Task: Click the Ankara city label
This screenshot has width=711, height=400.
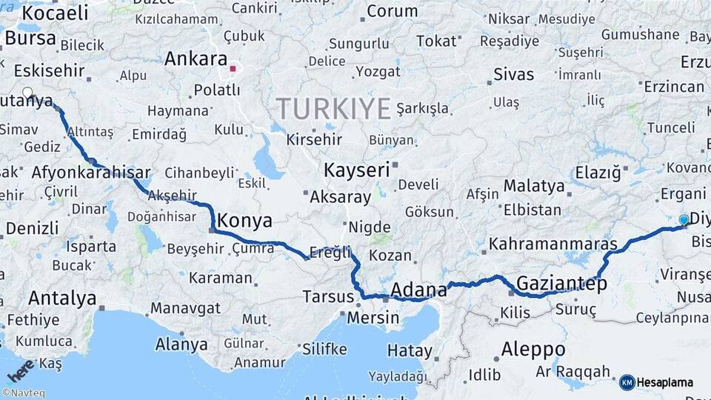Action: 196,59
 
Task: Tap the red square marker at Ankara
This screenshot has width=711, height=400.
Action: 233,69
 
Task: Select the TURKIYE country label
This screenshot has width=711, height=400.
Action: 334,109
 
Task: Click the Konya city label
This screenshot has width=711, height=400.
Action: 245,221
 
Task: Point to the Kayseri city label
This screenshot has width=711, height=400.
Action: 356,170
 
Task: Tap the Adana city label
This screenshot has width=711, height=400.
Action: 418,289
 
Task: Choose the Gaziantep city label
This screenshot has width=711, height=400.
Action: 561,284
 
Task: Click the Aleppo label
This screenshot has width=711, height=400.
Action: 533,349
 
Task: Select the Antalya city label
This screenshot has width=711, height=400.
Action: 62,299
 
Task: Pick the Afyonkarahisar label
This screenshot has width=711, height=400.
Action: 91,173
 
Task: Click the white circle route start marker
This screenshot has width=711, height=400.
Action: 27,93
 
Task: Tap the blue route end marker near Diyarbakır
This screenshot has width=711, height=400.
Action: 683,219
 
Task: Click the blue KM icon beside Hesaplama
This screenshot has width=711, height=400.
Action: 627,383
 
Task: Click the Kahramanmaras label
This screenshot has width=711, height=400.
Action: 553,243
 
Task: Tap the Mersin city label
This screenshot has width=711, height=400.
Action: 373,318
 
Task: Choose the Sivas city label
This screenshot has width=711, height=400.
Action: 513,74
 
